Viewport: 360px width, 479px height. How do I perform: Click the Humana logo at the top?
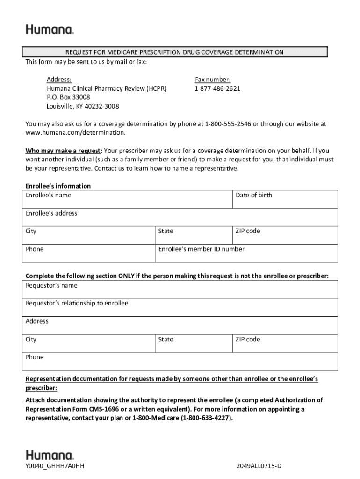(x=50, y=29)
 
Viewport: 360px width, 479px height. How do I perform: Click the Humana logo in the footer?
(x=50, y=455)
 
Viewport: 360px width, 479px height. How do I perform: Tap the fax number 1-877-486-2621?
(x=217, y=88)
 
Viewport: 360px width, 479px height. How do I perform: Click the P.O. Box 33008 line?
(x=68, y=97)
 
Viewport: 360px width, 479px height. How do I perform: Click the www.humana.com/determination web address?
(x=75, y=133)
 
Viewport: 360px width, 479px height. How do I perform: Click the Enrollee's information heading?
(x=58, y=186)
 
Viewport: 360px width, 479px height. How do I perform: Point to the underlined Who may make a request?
(x=63, y=151)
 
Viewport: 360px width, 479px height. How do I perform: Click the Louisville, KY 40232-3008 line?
(x=83, y=106)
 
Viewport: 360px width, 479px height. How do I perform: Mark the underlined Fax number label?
(x=213, y=80)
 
